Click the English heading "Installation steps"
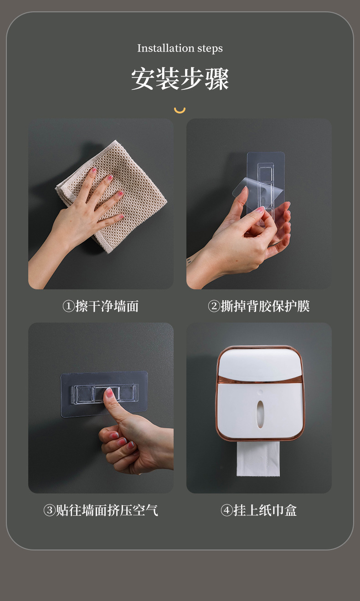pyautogui.click(x=180, y=48)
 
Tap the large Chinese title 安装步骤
pyautogui.click(x=180, y=79)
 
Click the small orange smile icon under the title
pyautogui.click(x=180, y=110)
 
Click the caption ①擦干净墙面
pyautogui.click(x=100, y=306)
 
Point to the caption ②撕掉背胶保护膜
pyautogui.click(x=259, y=306)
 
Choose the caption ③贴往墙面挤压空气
pyautogui.click(x=101, y=510)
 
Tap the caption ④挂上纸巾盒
pyautogui.click(x=259, y=510)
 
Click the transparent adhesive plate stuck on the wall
pyautogui.click(x=132, y=387)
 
